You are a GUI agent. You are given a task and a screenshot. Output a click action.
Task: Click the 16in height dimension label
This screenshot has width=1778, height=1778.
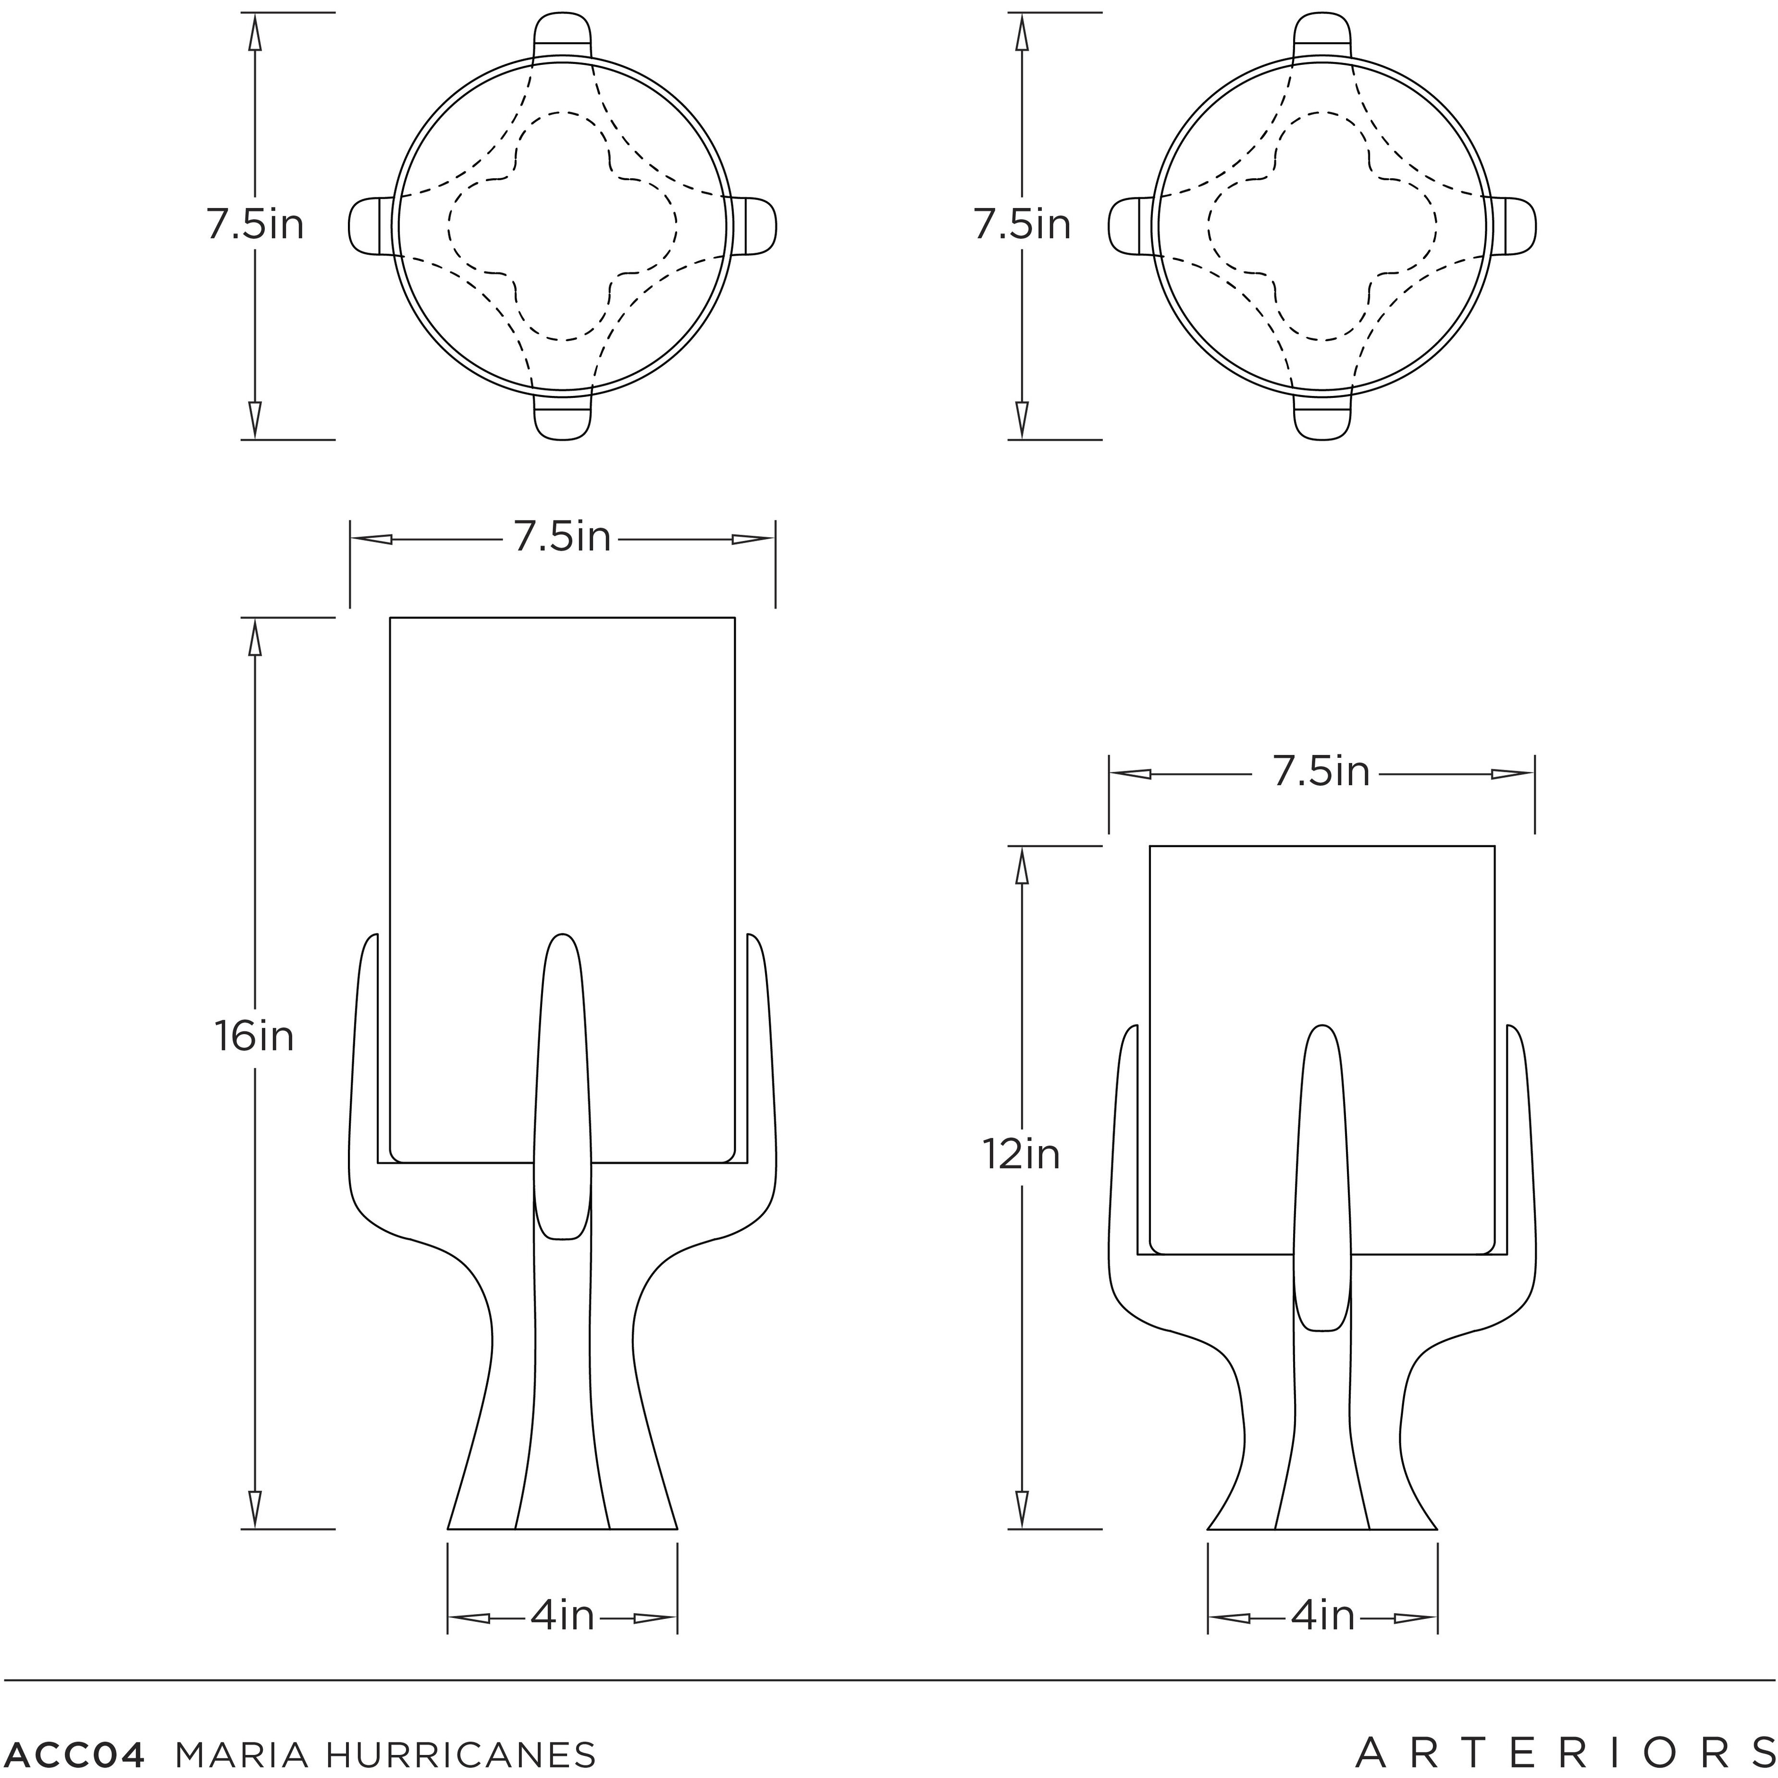pyautogui.click(x=254, y=1037)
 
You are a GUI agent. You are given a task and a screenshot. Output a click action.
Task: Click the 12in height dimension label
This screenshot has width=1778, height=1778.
pyautogui.click(x=1022, y=1154)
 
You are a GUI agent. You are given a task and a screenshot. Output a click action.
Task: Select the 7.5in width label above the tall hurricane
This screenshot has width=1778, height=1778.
pyautogui.click(x=562, y=537)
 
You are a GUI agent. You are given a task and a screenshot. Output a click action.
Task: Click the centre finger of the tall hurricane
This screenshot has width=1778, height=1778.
pyautogui.click(x=562, y=1086)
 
